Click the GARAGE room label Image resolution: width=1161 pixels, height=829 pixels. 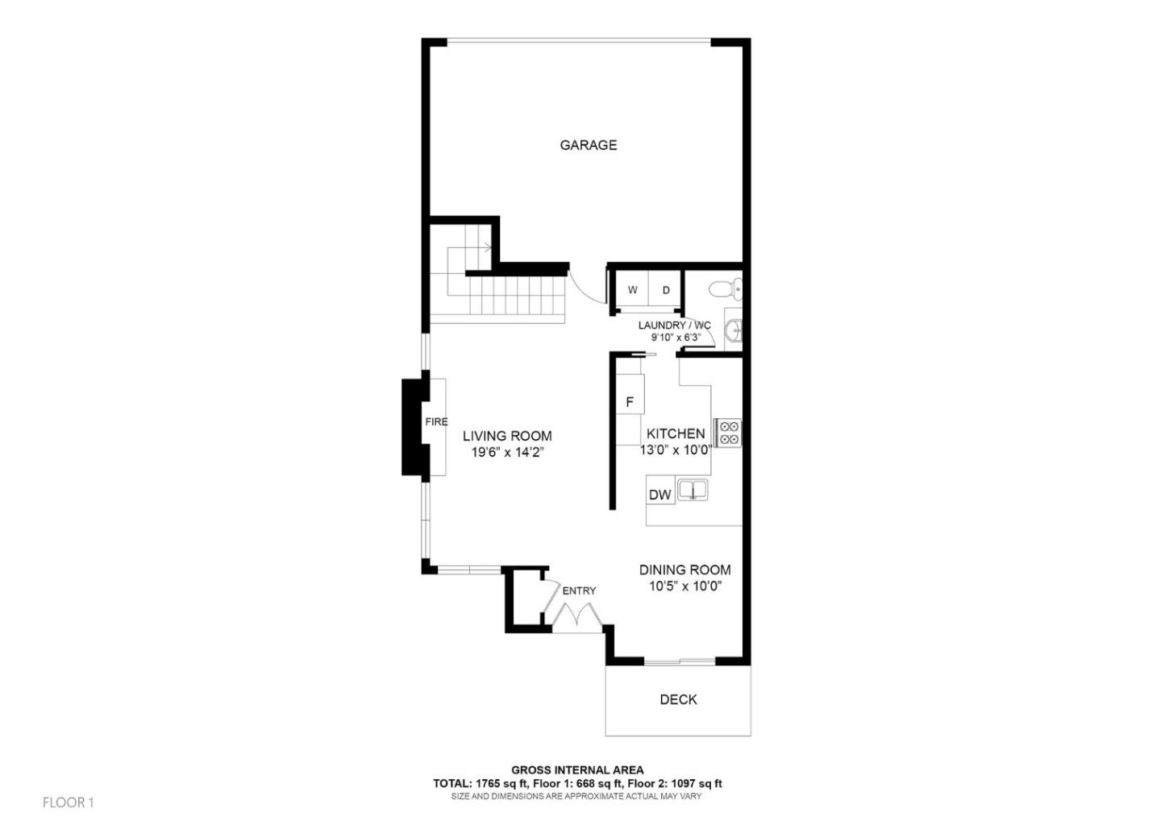588,145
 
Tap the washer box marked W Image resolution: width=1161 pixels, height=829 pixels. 633,290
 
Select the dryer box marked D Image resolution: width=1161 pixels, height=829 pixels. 666,290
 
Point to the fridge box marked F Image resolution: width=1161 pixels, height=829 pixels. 630,402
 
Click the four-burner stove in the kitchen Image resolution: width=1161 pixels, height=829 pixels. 729,433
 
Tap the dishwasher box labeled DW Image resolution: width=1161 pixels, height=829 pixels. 660,495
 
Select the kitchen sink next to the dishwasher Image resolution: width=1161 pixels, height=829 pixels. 692,489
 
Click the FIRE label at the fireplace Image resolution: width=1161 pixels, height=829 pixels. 436,421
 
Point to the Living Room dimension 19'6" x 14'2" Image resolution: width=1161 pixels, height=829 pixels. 508,453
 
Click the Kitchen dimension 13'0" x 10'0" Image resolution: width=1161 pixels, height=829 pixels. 676,450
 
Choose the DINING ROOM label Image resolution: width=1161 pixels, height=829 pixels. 685,570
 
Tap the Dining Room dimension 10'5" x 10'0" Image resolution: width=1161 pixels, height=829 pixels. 685,587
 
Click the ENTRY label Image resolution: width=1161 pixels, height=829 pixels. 579,591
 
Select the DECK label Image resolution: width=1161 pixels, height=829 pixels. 678,699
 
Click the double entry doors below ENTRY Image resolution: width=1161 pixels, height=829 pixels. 576,617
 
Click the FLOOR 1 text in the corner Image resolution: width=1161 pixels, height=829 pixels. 69,802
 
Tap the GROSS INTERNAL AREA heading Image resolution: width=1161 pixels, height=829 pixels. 577,770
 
